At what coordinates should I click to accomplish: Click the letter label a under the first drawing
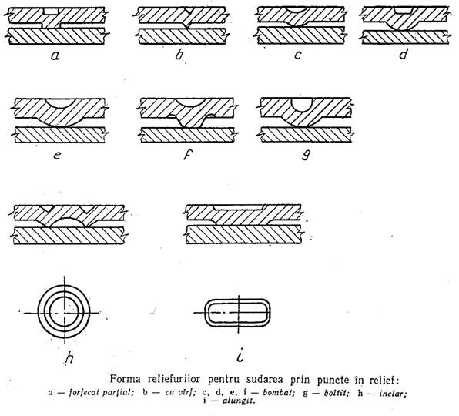(55, 55)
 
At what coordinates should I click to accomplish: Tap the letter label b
(179, 54)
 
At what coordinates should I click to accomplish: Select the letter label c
(298, 55)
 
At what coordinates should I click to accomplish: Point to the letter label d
(404, 54)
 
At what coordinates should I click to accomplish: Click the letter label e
(57, 155)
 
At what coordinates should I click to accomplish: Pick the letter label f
(186, 155)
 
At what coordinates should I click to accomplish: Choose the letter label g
(306, 155)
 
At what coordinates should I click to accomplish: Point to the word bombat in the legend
(278, 393)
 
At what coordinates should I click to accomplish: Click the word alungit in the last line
(239, 401)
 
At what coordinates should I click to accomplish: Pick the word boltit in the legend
(337, 393)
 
